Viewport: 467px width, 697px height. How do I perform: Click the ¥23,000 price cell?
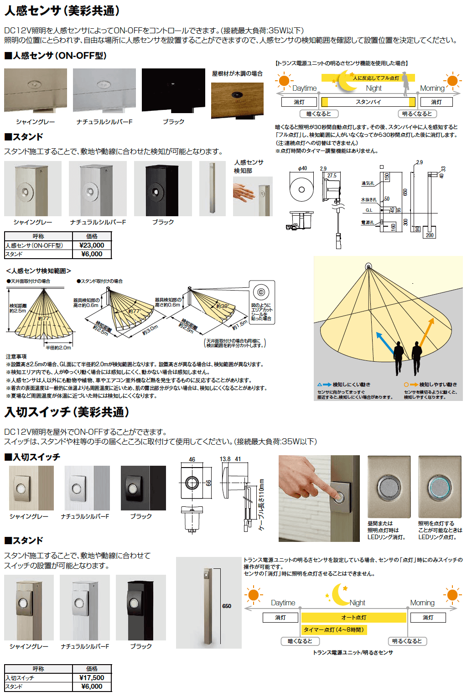(92, 245)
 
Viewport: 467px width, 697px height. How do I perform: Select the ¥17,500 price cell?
(92, 678)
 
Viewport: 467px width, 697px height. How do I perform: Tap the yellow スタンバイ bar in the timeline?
(368, 102)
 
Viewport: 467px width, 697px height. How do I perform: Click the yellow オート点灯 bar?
(353, 618)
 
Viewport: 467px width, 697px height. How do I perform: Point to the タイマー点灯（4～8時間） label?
(334, 630)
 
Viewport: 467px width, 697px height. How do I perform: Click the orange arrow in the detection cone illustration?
(427, 332)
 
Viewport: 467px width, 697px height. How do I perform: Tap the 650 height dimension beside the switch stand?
(227, 606)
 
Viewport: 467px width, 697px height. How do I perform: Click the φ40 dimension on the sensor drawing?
(302, 169)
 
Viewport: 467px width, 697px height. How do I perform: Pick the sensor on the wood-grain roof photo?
(237, 95)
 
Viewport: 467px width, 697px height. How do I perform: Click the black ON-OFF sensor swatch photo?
(173, 90)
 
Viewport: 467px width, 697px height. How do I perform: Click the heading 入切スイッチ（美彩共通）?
(67, 412)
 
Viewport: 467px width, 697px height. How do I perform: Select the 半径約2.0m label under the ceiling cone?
(58, 348)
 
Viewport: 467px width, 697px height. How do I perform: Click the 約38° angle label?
(222, 306)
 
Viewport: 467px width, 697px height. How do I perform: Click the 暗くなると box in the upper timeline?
(319, 114)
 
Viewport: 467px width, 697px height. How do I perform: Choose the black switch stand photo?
(140, 607)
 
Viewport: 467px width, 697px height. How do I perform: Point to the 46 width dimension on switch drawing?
(192, 459)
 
